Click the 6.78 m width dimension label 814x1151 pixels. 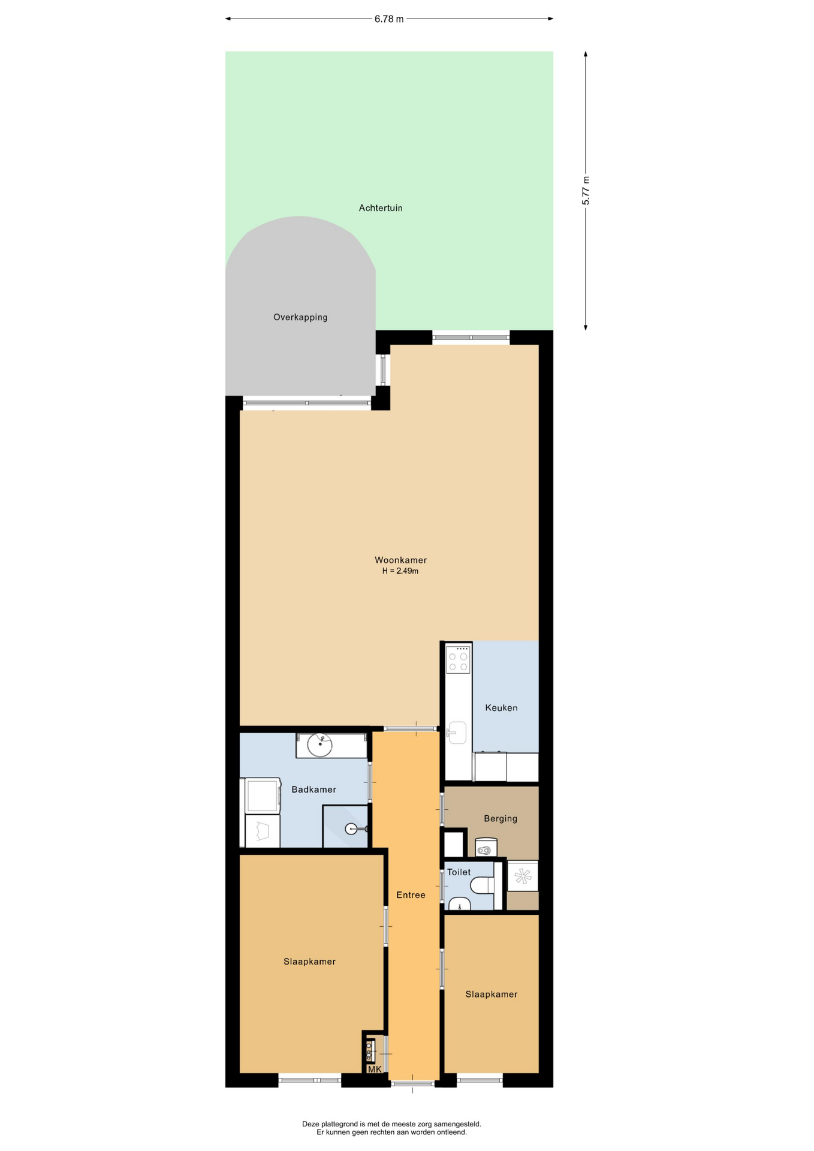389,19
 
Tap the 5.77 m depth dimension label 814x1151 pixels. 586,191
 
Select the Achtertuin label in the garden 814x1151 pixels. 381,208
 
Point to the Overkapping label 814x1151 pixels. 300,317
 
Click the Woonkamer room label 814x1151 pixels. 400,560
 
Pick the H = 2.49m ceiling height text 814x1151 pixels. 400,571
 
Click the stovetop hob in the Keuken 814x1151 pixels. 458,659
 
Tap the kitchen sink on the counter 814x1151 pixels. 457,733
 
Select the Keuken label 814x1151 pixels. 501,708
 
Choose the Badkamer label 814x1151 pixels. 313,790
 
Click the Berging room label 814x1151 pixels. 501,818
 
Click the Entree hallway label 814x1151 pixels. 411,895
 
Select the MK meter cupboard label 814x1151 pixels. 375,1069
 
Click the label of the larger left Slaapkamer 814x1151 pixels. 309,962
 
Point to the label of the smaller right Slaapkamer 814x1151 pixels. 492,994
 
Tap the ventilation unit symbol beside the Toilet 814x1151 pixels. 523,876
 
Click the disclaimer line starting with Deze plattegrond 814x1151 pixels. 391,1124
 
